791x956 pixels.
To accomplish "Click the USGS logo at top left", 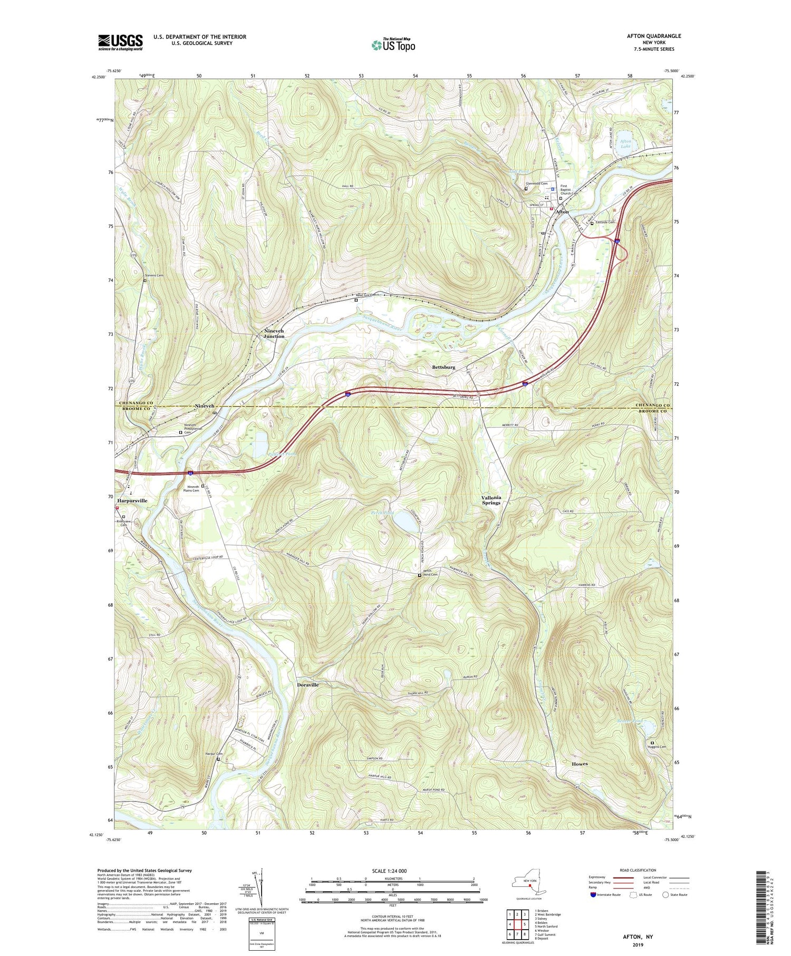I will coord(120,42).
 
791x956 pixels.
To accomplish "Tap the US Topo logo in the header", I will coord(393,45).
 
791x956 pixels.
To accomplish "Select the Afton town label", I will coord(562,211).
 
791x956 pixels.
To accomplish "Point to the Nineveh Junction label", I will coord(274,333).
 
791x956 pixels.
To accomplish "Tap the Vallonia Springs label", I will coord(491,500).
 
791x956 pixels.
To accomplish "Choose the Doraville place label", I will coord(307,684).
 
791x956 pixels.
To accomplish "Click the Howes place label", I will coord(579,764).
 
